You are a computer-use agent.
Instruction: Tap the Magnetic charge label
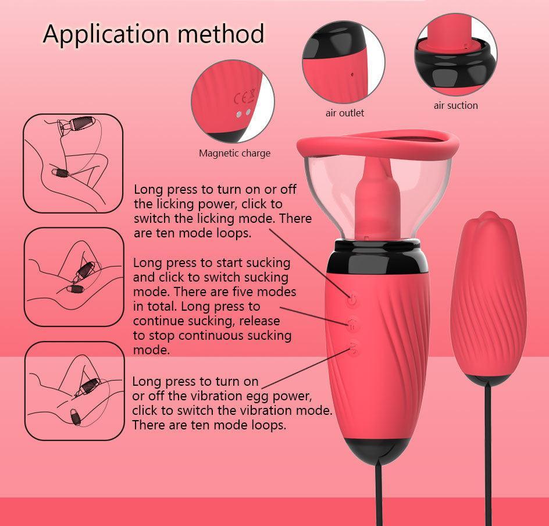click(x=234, y=154)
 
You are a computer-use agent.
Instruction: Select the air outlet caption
click(x=344, y=113)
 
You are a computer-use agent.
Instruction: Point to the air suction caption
click(x=455, y=105)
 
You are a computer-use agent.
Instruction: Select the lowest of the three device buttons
click(x=353, y=349)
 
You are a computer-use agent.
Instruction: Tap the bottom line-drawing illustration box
click(x=73, y=390)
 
